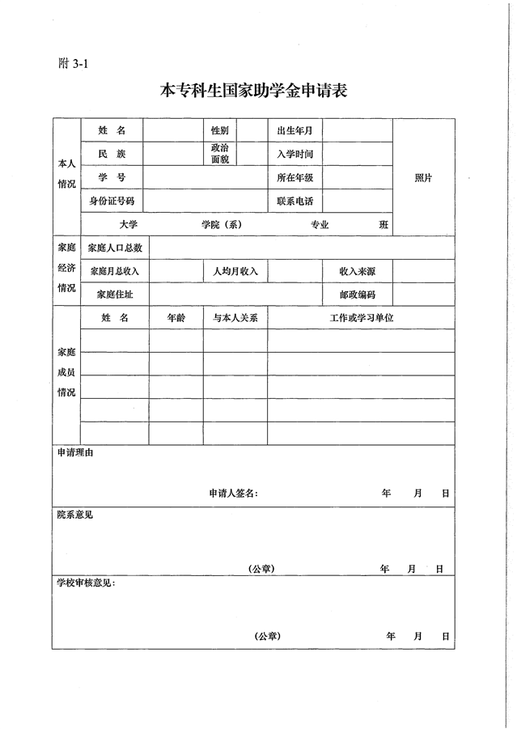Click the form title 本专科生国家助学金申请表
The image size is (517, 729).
pyautogui.click(x=254, y=91)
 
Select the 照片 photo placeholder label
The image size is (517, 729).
pyautogui.click(x=423, y=178)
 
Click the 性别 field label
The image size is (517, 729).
pyautogui.click(x=219, y=130)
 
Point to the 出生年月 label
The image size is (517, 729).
pyautogui.click(x=295, y=130)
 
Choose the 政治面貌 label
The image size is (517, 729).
pyautogui.click(x=219, y=154)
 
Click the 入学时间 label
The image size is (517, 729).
pyautogui.click(x=295, y=154)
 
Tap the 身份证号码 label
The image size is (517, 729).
pyautogui.click(x=112, y=201)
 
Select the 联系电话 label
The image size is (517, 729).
pyautogui.click(x=295, y=201)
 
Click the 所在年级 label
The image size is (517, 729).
pyautogui.click(x=295, y=177)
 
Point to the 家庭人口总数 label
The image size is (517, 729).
pyautogui.click(x=114, y=248)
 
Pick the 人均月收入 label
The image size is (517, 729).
pyautogui.click(x=235, y=271)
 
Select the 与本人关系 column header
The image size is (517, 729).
pyautogui.click(x=235, y=318)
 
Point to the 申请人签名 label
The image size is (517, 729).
pyautogui.click(x=233, y=493)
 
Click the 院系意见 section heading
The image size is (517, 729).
pyautogui.click(x=74, y=514)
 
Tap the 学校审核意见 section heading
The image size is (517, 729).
pyautogui.click(x=86, y=583)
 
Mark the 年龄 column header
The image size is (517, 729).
pyautogui.click(x=176, y=318)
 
